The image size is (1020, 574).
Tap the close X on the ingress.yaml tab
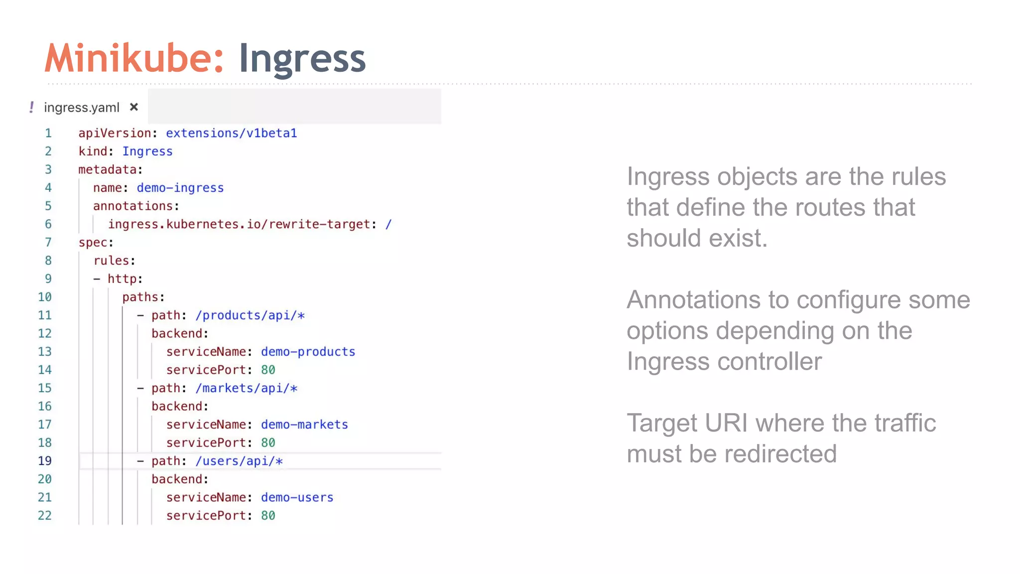[133, 107]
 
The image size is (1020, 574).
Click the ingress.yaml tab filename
[82, 108]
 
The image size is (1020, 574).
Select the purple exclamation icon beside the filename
[32, 107]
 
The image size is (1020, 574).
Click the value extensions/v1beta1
[231, 133]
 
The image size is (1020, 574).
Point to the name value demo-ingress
[180, 188]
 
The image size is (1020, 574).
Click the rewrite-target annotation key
[239, 224]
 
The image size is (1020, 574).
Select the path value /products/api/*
[250, 315]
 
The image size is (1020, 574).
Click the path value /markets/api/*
[246, 388]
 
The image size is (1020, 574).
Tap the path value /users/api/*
[239, 461]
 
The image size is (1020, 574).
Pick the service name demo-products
[308, 352]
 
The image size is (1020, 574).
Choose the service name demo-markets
[304, 425]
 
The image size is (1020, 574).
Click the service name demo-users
[297, 497]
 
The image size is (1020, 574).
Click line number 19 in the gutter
[45, 461]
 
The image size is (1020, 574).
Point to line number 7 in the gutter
[48, 243]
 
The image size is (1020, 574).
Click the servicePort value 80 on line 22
[268, 516]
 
